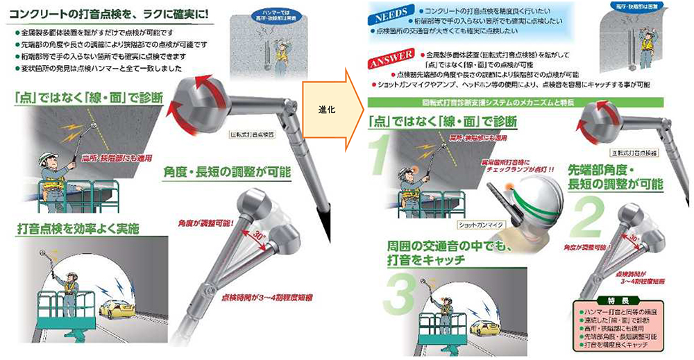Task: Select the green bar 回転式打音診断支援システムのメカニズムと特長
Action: [x=527, y=103]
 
